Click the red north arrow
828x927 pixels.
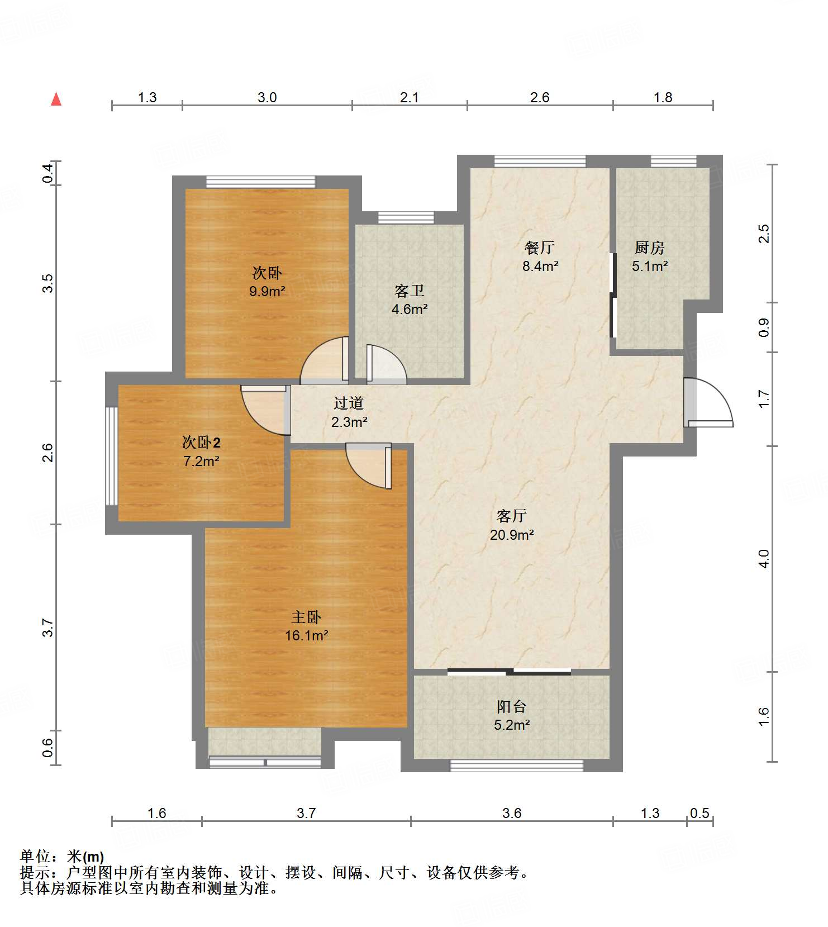[x=56, y=99]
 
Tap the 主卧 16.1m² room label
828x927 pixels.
[x=306, y=626]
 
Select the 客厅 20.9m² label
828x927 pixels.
[x=512, y=525]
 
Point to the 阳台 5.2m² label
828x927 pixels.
[x=512, y=716]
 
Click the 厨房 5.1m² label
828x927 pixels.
[x=650, y=256]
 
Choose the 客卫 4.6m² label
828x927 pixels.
[x=410, y=300]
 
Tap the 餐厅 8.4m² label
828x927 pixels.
[x=540, y=256]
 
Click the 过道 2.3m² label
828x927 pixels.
[x=349, y=412]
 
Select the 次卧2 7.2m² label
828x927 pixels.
[x=201, y=451]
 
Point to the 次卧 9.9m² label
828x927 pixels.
[x=267, y=282]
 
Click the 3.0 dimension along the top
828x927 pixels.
[x=267, y=97]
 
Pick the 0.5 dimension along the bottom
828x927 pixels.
[x=699, y=813]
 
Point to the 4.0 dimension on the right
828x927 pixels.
[x=764, y=559]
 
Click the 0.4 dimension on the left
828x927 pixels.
[x=48, y=173]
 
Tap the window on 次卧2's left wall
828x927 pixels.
[x=112, y=455]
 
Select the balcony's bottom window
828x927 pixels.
[x=517, y=766]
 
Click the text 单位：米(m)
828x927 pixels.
[x=62, y=857]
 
